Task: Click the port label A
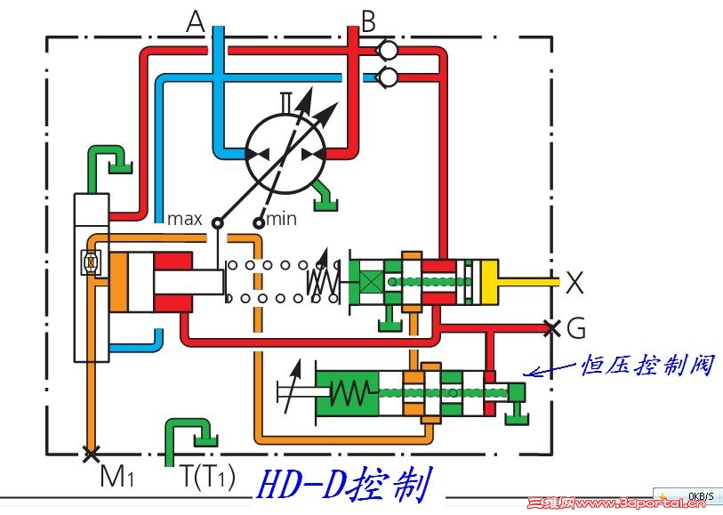coord(196,20)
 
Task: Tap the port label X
coord(575,284)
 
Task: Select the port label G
coord(576,329)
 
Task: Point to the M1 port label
coord(116,478)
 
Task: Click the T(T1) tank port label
coord(208,478)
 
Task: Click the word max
coord(185,218)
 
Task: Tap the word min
coord(281,218)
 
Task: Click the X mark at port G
coord(551,328)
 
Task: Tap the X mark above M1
coord(89,455)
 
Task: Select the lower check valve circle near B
coord(388,77)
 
